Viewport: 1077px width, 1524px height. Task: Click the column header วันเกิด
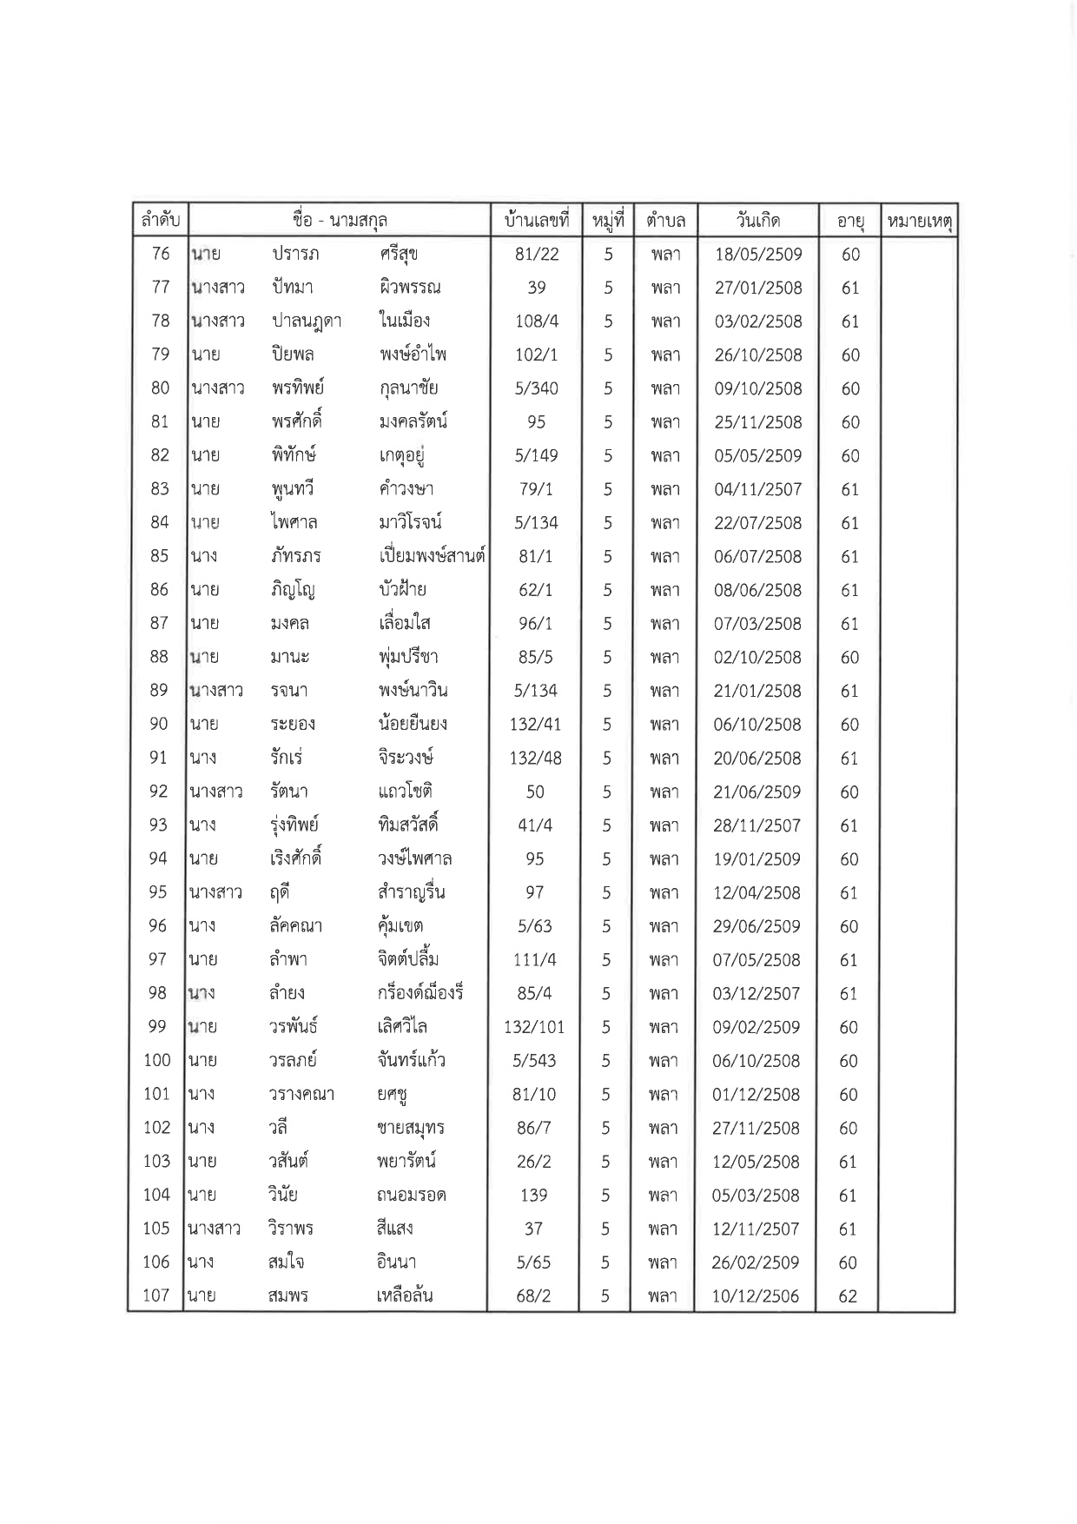coord(757,220)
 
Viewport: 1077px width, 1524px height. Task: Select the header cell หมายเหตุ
coord(919,222)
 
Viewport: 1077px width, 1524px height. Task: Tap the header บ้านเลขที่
coord(536,221)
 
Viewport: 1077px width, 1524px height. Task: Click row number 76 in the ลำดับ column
coord(161,254)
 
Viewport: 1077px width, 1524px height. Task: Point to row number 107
coord(156,1295)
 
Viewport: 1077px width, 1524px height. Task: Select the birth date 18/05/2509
coord(758,255)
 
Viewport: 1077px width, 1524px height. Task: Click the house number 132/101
coord(534,1027)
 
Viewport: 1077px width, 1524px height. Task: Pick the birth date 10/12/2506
coord(756,1296)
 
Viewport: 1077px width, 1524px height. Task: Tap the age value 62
coord(848,1296)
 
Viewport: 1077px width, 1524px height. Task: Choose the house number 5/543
coord(534,1061)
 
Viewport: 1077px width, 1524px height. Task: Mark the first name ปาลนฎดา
coord(306,321)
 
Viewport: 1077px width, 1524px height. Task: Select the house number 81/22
coord(537,254)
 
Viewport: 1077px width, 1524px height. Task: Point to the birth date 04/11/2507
coord(757,489)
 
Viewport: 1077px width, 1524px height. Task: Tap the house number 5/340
coord(536,388)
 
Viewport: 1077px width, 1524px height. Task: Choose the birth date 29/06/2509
coord(757,926)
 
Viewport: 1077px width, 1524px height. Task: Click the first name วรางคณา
coord(301,1095)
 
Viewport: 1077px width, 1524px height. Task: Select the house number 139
coord(533,1195)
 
